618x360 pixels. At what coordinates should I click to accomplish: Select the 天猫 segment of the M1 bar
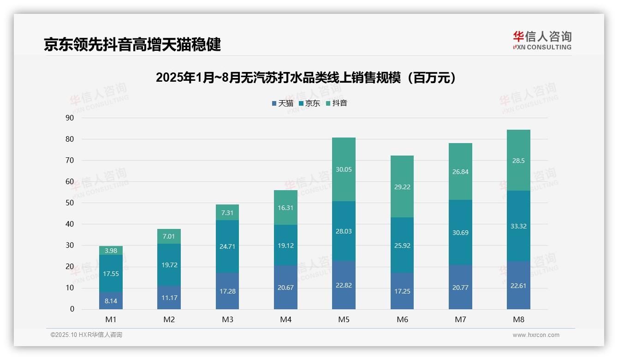point(111,301)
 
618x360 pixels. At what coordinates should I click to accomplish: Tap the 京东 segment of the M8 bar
point(518,226)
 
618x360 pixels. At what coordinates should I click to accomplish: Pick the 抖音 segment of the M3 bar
point(227,212)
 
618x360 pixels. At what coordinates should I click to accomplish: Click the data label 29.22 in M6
point(402,187)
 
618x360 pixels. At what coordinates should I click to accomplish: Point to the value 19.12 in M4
point(285,246)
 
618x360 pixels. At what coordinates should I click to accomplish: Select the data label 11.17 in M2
point(169,298)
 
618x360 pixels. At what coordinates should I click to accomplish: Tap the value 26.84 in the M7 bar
point(460,172)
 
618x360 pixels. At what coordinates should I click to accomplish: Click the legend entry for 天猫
point(283,103)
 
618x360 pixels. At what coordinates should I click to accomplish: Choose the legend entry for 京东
point(309,103)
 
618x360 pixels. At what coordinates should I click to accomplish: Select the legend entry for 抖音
point(337,103)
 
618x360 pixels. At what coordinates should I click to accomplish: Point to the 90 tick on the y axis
point(70,118)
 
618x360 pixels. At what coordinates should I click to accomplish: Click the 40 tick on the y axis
point(70,224)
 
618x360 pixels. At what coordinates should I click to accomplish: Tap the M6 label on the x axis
point(402,319)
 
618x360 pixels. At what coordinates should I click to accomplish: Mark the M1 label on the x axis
point(111,319)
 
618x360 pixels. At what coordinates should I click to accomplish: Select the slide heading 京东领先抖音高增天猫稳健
point(132,44)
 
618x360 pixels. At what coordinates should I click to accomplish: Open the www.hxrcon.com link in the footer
point(536,335)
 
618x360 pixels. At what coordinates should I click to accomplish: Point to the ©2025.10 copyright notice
point(86,335)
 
